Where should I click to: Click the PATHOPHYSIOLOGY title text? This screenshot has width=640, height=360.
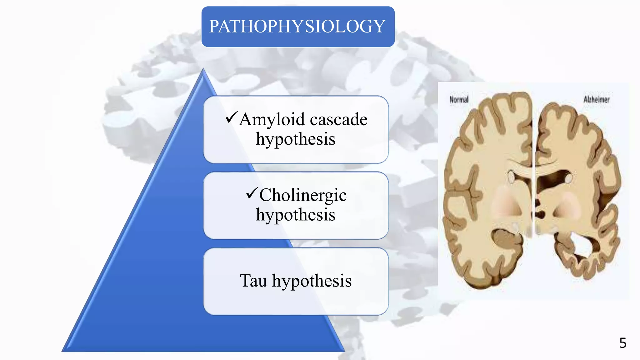(297, 26)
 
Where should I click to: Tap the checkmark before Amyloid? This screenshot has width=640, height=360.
(231, 117)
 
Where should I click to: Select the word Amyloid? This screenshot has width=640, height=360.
(272, 120)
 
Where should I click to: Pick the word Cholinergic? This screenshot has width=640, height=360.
(303, 195)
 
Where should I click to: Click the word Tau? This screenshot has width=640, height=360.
(253, 281)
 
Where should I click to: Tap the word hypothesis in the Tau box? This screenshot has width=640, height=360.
(312, 281)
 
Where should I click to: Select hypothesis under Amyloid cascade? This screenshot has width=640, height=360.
(296, 139)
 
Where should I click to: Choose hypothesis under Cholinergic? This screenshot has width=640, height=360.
(296, 215)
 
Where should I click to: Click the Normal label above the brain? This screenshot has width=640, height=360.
(459, 100)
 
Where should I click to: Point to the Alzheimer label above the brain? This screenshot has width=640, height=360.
(597, 100)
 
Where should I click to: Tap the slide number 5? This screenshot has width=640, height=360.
(623, 343)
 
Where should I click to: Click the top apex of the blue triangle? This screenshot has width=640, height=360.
(203, 70)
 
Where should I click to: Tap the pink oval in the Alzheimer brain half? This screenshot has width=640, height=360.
(567, 205)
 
